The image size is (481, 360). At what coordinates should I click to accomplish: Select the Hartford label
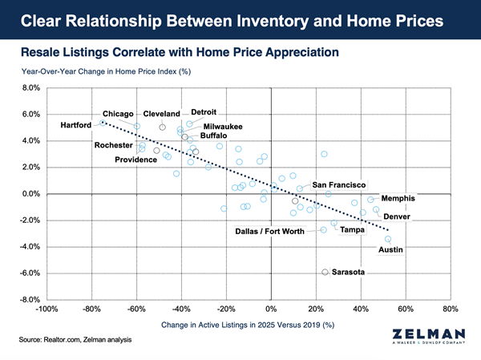coord(77,126)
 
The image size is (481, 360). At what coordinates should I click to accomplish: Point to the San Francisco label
coord(338,185)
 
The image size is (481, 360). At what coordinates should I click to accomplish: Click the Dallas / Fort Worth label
coord(269,232)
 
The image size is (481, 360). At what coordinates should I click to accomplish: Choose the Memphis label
coord(398,199)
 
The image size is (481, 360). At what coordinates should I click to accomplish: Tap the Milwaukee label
coord(224,127)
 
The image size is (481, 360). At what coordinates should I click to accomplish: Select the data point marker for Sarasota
coord(325,273)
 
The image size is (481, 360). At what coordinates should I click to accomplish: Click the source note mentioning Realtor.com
coord(73,342)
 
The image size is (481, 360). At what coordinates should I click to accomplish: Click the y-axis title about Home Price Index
coord(104,71)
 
